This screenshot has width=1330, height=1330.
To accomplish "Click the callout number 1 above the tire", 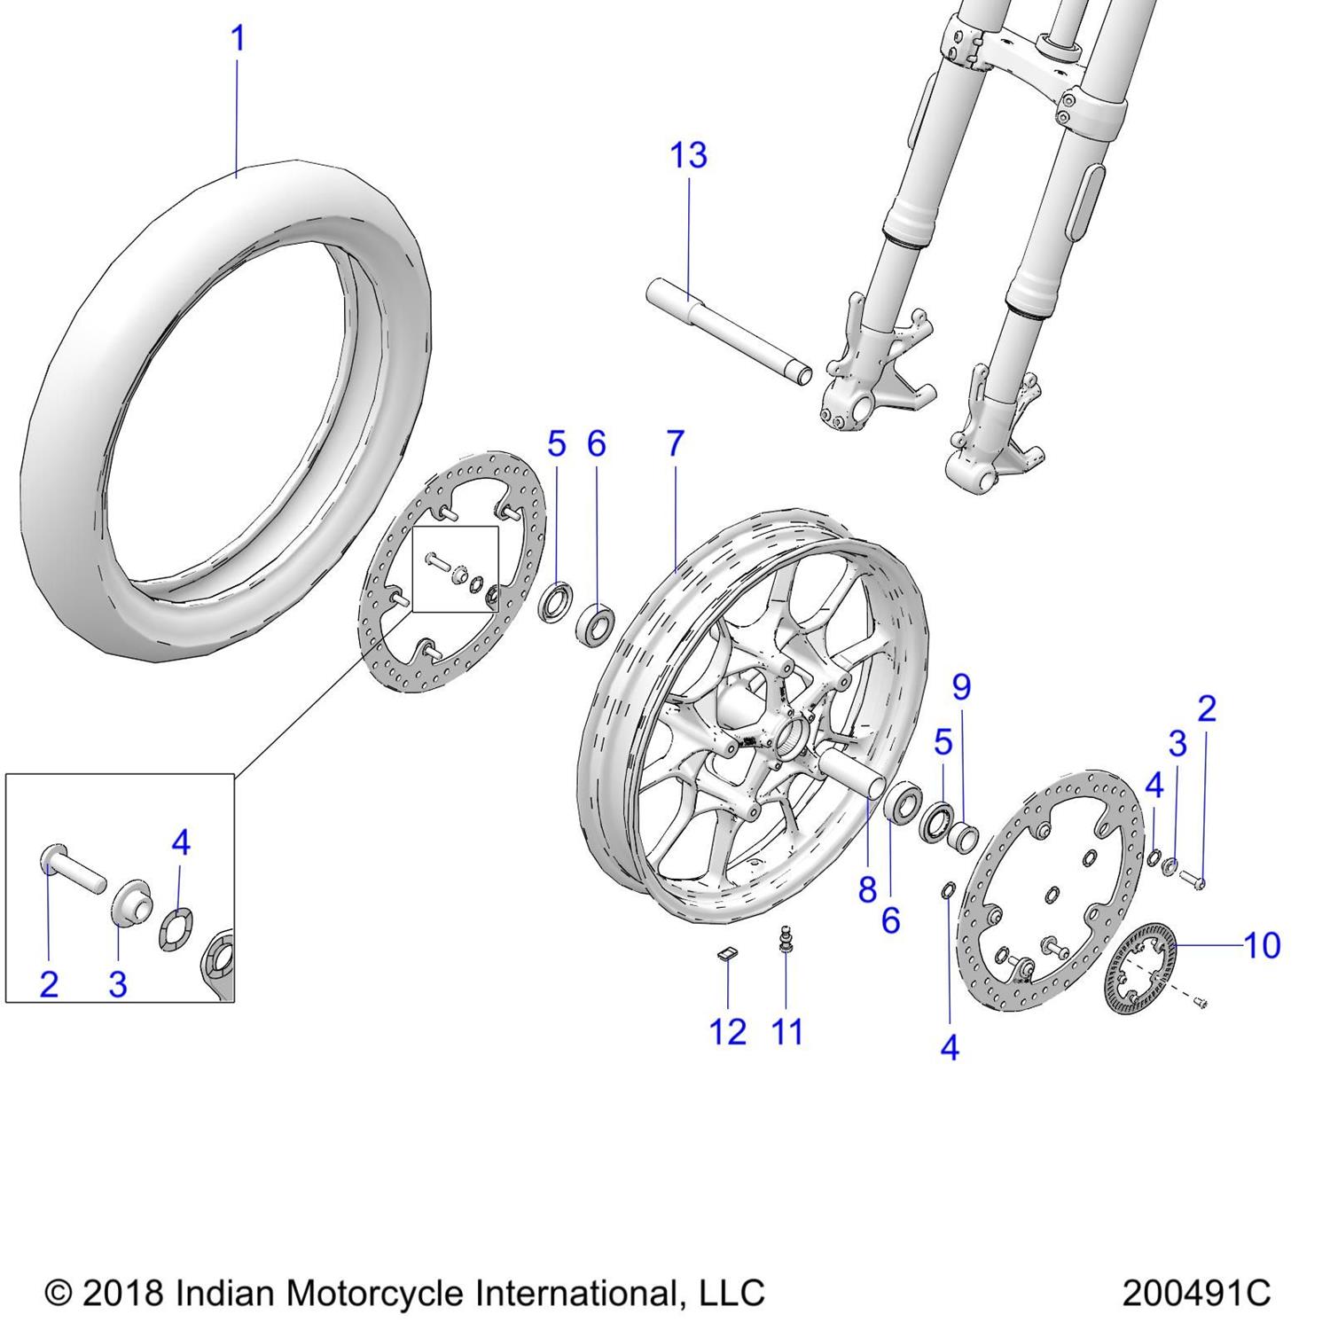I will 237,40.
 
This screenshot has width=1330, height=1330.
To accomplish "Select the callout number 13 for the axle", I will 688,156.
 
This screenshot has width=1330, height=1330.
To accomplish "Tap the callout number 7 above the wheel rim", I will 676,443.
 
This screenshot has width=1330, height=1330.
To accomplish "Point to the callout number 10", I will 1262,946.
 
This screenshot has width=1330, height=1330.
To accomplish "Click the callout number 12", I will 727,1032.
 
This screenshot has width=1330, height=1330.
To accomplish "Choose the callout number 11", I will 786,1032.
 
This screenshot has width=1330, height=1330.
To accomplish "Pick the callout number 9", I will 961,687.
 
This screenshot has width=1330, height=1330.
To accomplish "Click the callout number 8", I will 867,889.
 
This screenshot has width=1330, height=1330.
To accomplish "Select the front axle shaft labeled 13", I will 727,328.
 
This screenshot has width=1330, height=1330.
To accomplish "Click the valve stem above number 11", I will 784,938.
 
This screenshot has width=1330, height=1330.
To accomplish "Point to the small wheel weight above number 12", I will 726,954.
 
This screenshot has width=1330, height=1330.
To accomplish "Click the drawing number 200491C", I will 1196,1293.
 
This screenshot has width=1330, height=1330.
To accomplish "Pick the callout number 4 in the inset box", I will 181,842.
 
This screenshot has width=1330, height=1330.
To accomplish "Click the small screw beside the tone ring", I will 1202,1003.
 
